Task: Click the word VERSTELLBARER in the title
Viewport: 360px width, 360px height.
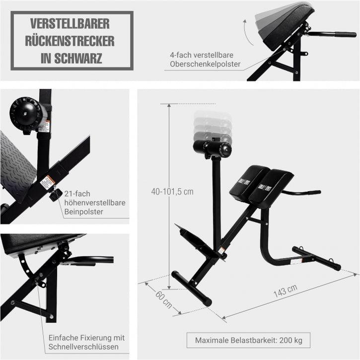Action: pos(70,24)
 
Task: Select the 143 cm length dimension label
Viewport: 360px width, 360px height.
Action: pos(285,291)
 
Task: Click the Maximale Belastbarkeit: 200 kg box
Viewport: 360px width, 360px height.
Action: pos(248,341)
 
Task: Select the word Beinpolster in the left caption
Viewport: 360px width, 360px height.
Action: pos(82,212)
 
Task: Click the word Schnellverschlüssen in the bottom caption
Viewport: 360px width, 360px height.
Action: pos(83,347)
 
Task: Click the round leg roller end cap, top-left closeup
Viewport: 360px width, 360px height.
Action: pos(25,113)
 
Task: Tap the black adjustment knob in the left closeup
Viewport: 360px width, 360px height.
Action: pos(55,194)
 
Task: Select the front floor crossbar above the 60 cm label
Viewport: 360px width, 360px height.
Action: pos(192,288)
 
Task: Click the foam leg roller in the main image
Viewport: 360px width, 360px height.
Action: pos(212,148)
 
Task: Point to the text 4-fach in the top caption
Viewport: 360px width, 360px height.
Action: pos(180,56)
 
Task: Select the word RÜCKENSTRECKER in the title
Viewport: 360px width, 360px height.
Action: pos(70,41)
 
